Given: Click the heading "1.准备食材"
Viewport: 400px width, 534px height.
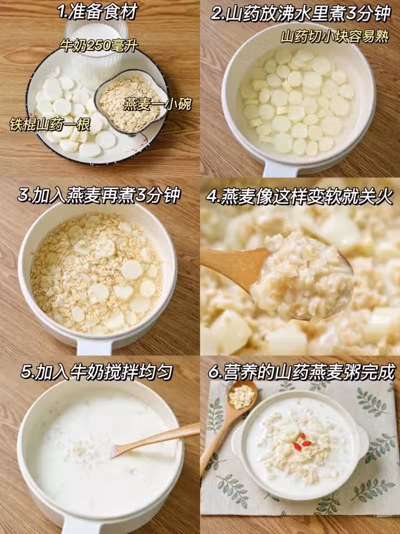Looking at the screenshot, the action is pos(97,12).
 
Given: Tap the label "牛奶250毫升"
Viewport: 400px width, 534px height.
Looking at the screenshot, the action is pos(98,45).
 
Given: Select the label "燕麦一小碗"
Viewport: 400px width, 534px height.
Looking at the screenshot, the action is pos(157,104).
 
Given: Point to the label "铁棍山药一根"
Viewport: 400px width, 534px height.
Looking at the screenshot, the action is pos(49,124).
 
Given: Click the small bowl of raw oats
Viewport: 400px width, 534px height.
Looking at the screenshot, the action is pos(131,103).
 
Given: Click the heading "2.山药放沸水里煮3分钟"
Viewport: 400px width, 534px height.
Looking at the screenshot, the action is pos(301,14).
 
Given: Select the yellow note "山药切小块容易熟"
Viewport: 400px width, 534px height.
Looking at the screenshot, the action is pos(334,37).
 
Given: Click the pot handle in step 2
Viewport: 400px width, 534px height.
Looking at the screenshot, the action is pos(280,169).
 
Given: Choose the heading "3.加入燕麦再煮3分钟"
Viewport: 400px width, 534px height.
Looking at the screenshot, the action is pos(99,195).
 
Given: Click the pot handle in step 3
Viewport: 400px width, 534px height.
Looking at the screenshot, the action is pos(94,347).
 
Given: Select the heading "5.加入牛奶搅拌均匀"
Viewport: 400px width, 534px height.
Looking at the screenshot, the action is pos(97,372).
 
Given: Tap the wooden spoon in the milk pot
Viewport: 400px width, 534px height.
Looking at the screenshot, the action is pos(156,440).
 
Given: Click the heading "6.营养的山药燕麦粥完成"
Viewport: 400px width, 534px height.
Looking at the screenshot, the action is pos(302,372).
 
